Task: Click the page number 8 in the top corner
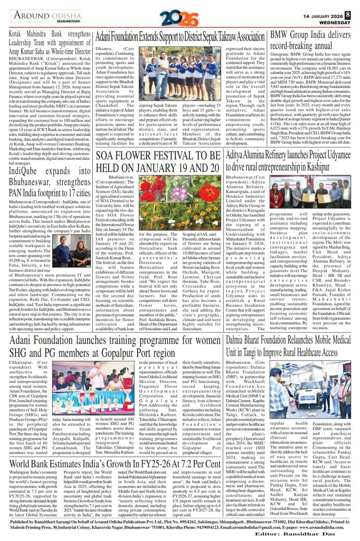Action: (x=347, y=15)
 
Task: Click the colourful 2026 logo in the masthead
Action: (x=180, y=18)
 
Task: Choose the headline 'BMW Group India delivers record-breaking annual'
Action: (x=310, y=41)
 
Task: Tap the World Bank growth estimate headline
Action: (x=115, y=463)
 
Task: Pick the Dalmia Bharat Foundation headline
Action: (x=288, y=346)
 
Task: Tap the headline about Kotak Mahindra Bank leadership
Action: (x=50, y=43)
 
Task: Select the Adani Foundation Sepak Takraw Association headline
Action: (x=180, y=37)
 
